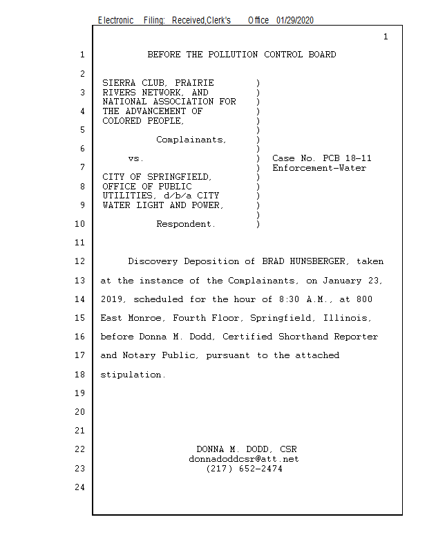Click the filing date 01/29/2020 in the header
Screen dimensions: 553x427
click(x=295, y=21)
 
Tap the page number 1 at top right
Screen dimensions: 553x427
click(x=386, y=37)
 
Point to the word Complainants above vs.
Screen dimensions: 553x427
click(x=191, y=140)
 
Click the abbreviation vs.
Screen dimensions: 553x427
click(x=135, y=158)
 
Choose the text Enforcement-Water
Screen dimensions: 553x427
click(x=319, y=168)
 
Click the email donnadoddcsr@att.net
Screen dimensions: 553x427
click(x=244, y=459)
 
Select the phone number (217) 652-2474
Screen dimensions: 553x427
click(x=244, y=469)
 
